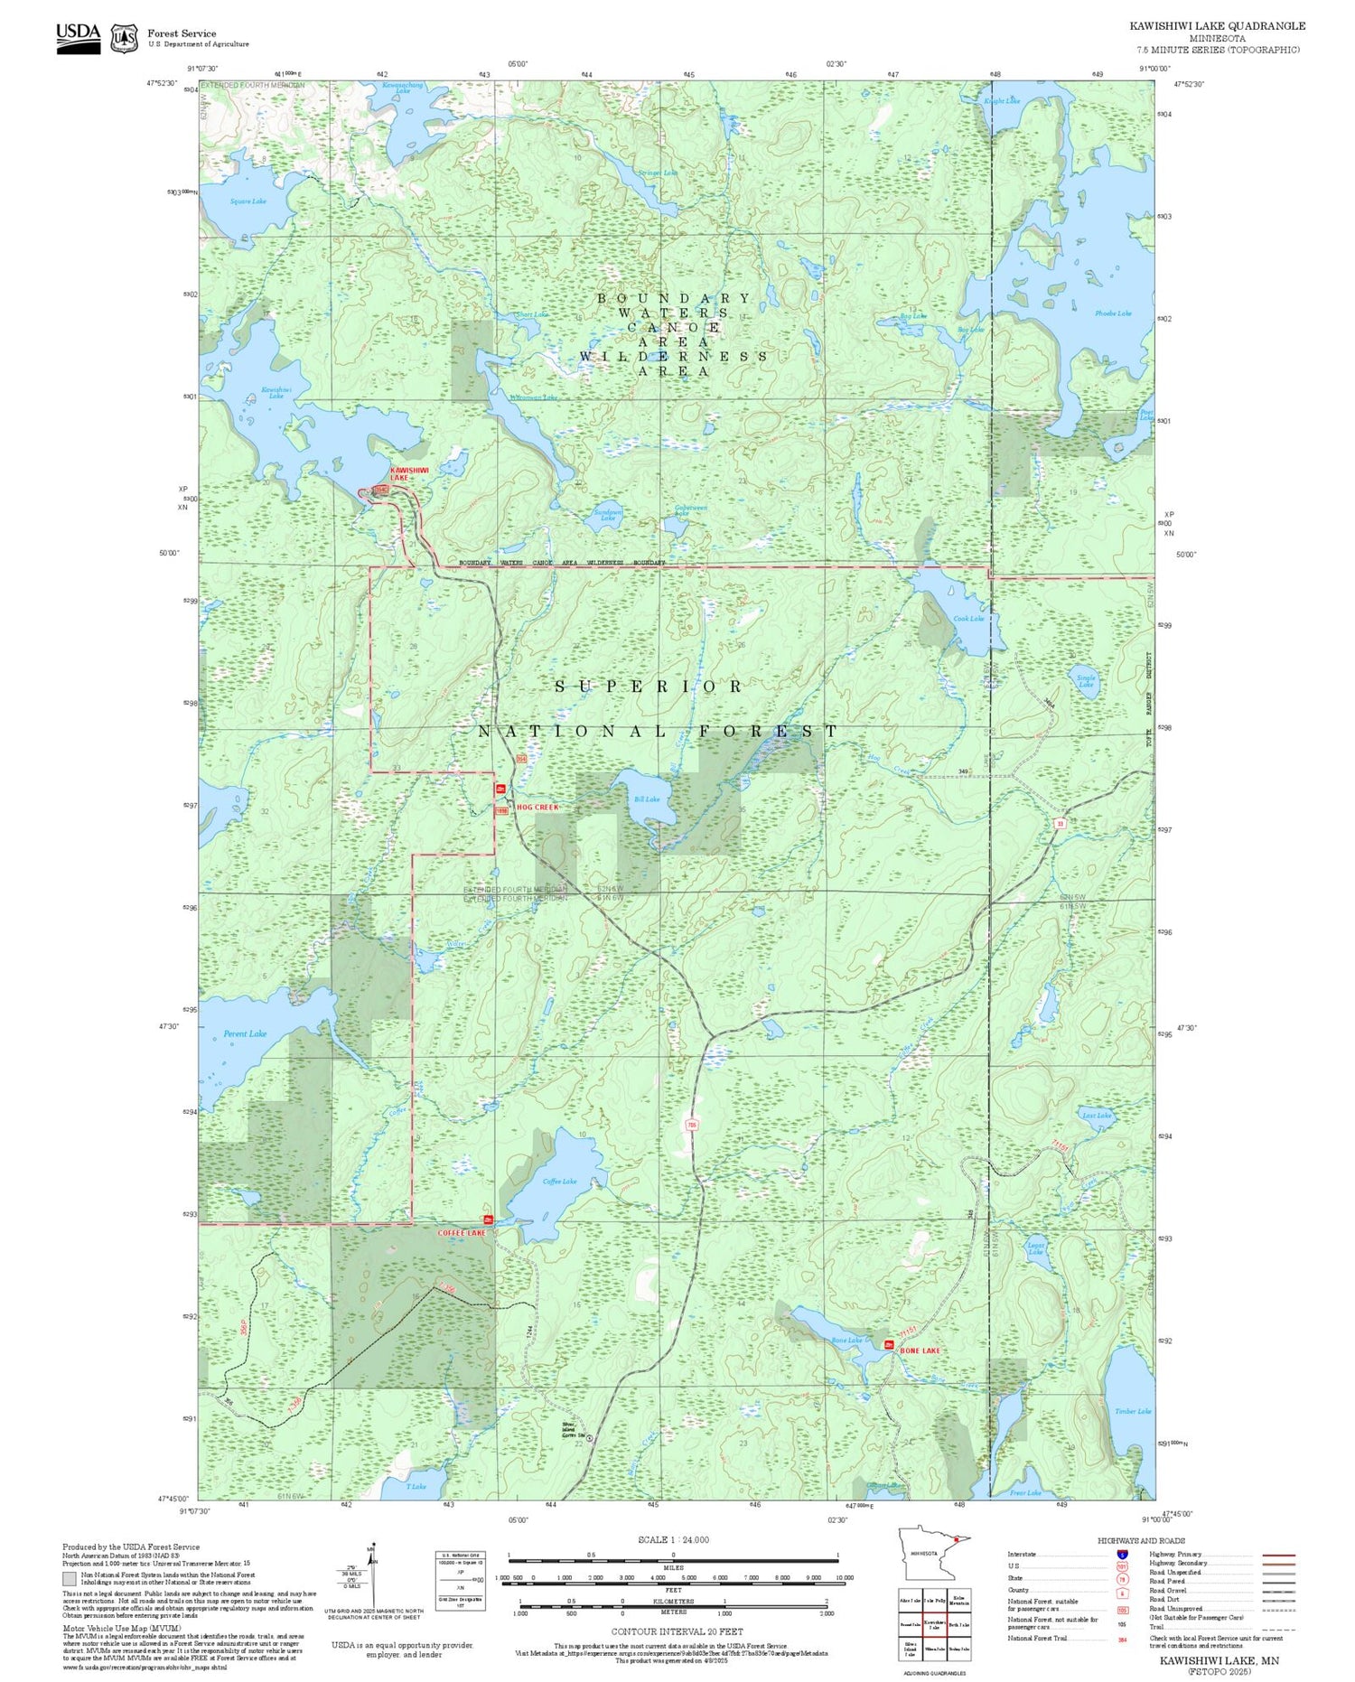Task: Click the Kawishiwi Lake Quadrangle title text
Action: (x=1217, y=26)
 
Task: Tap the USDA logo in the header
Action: (x=79, y=38)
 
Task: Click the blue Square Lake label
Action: (x=248, y=201)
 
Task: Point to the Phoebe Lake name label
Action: (x=1112, y=313)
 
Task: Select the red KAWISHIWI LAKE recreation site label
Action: (x=408, y=473)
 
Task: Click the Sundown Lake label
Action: (x=608, y=515)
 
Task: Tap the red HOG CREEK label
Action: (x=537, y=807)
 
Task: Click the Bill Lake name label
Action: (x=647, y=799)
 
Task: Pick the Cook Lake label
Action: (x=968, y=619)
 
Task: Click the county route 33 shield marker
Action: (x=1059, y=823)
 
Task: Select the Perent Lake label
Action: (x=245, y=1033)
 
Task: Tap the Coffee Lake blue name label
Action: (x=559, y=1181)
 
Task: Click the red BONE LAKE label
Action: (x=920, y=1350)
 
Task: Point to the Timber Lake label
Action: (x=1132, y=1411)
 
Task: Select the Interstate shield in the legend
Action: (x=1122, y=1554)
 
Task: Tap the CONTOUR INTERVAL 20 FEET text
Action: (x=677, y=1631)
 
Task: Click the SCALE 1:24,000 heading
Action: (x=673, y=1539)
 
